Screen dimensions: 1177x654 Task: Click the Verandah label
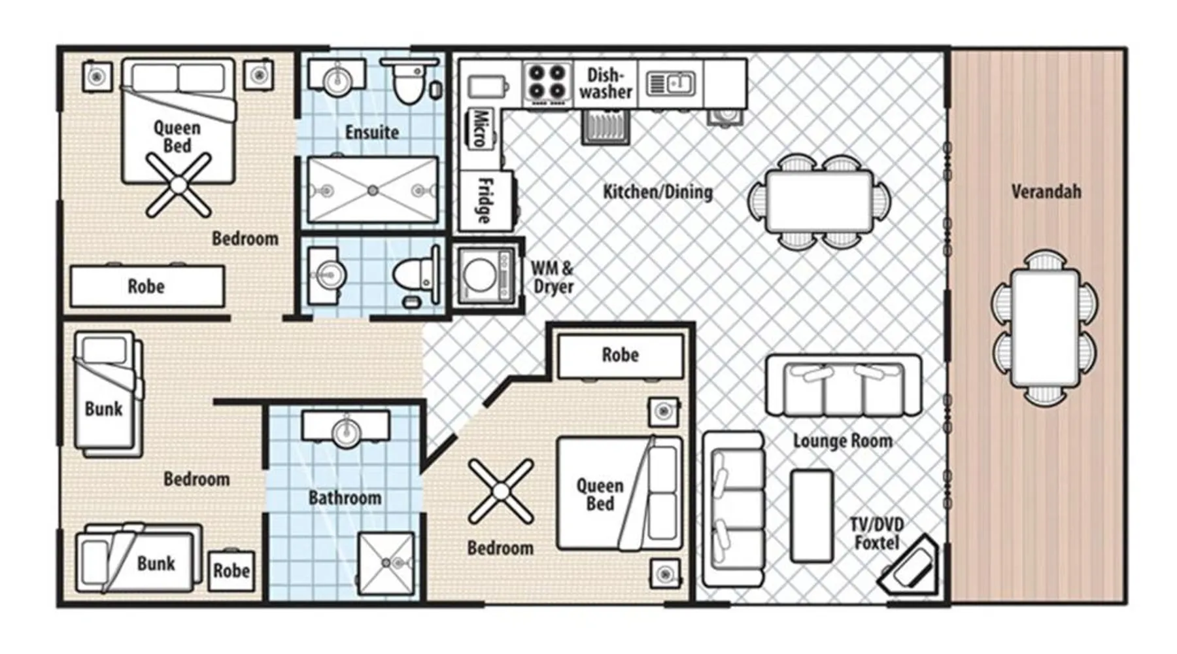pos(1046,192)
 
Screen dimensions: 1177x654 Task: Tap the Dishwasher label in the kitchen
pos(606,83)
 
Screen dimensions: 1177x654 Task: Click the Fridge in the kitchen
pos(485,201)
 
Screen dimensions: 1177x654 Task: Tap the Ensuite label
pos(372,133)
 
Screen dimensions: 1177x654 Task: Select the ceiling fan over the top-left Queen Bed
pos(179,185)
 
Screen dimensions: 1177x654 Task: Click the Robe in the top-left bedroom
pos(147,286)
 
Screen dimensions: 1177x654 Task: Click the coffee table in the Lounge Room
pos(811,516)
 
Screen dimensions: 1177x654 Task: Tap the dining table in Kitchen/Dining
pos(820,201)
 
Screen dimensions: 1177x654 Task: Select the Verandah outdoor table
pos(1045,328)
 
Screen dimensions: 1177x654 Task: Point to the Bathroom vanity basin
pos(345,429)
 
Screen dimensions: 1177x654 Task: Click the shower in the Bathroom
pos(386,563)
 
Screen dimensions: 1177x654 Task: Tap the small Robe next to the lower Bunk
pos(231,571)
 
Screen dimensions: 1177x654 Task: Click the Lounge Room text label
pos(843,441)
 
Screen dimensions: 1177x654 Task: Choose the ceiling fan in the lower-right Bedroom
pos(501,492)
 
